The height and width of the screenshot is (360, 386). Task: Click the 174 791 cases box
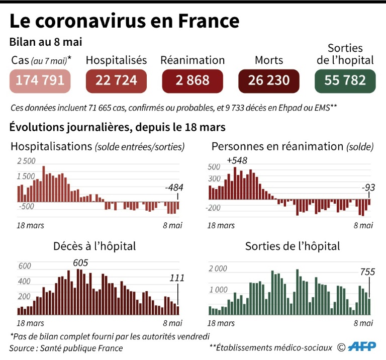tap(40, 80)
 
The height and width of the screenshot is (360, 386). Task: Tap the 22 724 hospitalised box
tap(116, 80)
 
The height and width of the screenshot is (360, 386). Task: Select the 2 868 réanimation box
tap(192, 80)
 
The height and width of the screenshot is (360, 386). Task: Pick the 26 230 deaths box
tap(269, 80)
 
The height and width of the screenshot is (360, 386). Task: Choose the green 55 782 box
tap(345, 80)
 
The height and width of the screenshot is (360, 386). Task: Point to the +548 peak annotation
tap(238, 161)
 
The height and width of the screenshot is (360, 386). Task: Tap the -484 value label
tap(174, 188)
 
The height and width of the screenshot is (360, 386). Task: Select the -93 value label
tap(368, 188)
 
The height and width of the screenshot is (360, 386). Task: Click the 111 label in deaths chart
tap(177, 278)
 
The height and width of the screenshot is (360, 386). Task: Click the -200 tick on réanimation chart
tap(215, 208)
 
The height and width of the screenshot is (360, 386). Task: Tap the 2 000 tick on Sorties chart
tap(218, 269)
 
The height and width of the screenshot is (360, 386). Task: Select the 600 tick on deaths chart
tap(25, 266)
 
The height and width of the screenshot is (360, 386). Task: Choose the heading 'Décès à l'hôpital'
tap(94, 246)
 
